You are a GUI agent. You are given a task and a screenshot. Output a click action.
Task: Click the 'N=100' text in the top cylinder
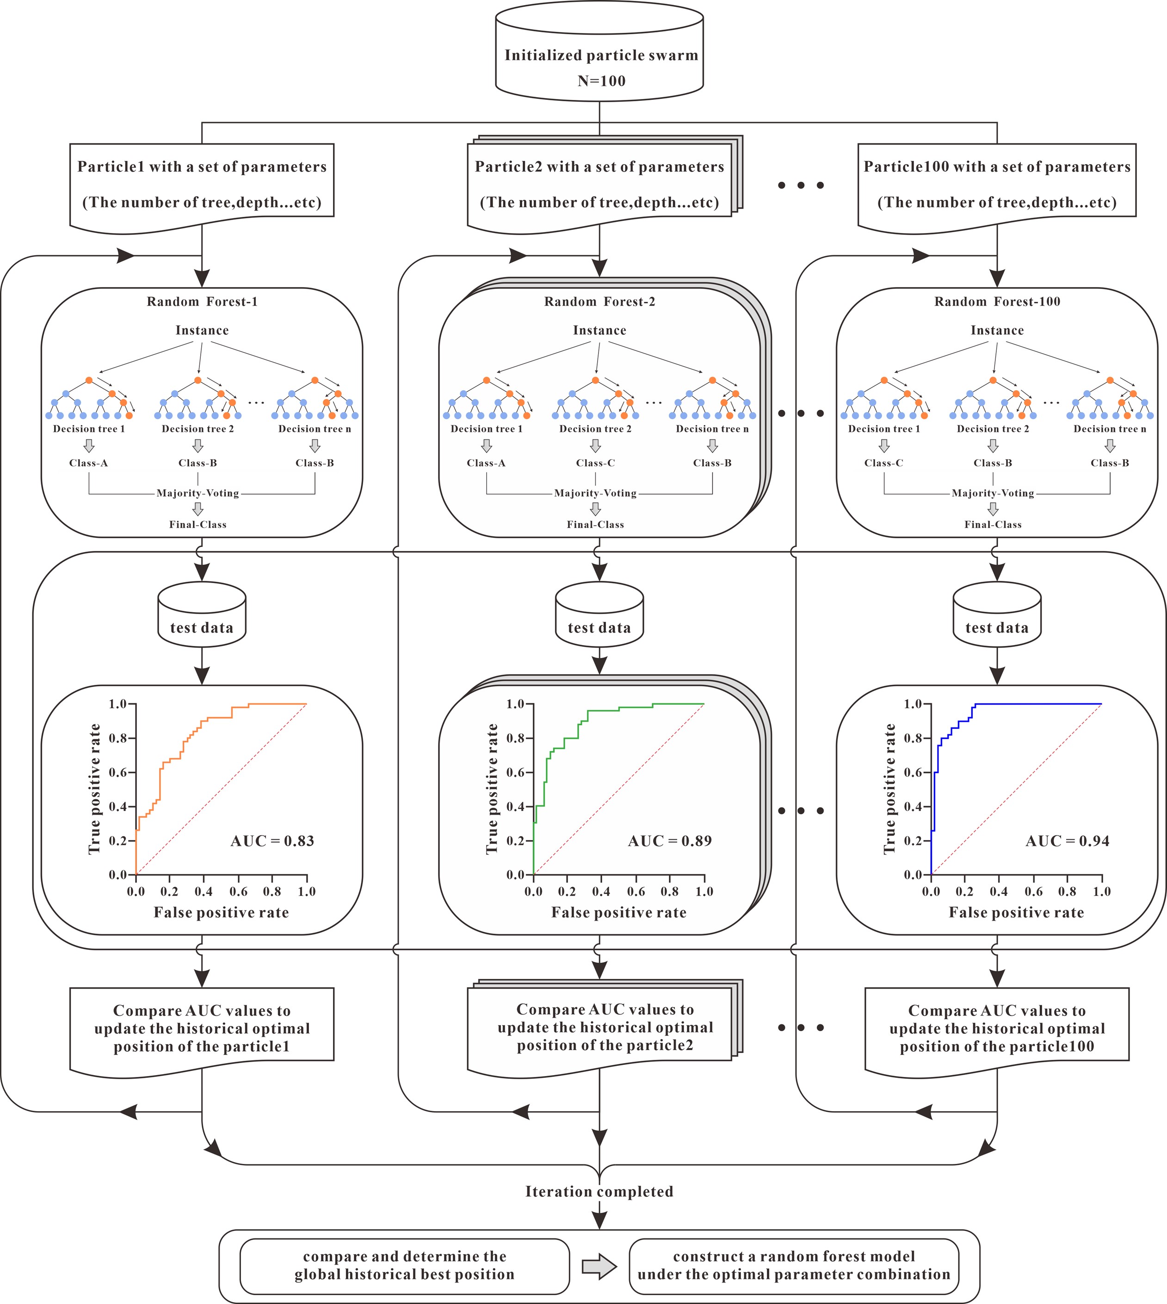tap(601, 81)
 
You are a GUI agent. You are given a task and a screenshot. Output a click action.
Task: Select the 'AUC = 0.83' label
tap(272, 841)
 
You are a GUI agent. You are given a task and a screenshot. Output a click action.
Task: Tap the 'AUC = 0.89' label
tap(669, 841)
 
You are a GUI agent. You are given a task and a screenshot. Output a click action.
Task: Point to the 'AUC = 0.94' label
tap(1067, 841)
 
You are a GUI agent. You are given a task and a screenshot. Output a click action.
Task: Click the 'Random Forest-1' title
tap(202, 302)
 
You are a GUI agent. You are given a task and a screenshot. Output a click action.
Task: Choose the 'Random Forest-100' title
tap(997, 302)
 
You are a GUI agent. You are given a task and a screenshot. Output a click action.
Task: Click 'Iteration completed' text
tap(599, 1192)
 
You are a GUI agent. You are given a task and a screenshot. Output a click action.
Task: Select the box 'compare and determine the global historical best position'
tap(405, 1266)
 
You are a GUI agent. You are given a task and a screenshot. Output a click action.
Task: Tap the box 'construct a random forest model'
tap(794, 1266)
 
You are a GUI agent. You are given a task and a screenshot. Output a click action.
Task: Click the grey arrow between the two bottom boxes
tap(599, 1266)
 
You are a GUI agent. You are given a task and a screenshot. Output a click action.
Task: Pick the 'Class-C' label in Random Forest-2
tap(595, 463)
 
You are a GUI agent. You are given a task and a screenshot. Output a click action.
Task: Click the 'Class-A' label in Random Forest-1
tap(88, 463)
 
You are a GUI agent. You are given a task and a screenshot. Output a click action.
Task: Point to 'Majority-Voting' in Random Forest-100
tap(993, 493)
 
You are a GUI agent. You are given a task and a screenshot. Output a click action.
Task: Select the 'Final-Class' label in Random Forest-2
tap(595, 524)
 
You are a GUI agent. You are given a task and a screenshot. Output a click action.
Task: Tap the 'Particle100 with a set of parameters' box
tap(997, 185)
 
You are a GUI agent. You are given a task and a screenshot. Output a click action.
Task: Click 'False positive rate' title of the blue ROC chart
tap(1016, 913)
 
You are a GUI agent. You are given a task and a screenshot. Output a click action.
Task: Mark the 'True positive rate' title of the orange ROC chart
tap(95, 789)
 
